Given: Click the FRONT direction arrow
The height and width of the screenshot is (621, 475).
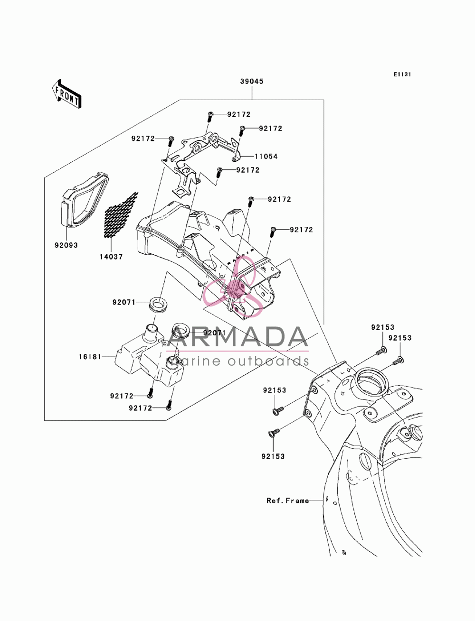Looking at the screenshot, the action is pyautogui.click(x=66, y=94).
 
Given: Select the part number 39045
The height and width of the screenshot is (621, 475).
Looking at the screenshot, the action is pyautogui.click(x=252, y=82).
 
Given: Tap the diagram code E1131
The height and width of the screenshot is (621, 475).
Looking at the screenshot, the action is pyautogui.click(x=402, y=74).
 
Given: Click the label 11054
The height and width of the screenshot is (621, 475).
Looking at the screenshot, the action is pyautogui.click(x=266, y=157).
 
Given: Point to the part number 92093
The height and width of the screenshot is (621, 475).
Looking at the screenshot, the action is pyautogui.click(x=66, y=245).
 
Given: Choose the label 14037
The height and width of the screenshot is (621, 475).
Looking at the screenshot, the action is pyautogui.click(x=111, y=257).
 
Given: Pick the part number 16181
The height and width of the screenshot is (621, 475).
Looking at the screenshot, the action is pyautogui.click(x=90, y=357).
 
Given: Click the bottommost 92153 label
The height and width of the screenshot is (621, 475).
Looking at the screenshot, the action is pyautogui.click(x=273, y=457).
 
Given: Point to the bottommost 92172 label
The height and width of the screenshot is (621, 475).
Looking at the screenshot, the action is pyautogui.click(x=140, y=408).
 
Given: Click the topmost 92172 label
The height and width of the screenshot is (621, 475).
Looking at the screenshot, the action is pyautogui.click(x=239, y=115).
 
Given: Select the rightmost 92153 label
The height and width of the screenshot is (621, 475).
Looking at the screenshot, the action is pyautogui.click(x=399, y=338).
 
